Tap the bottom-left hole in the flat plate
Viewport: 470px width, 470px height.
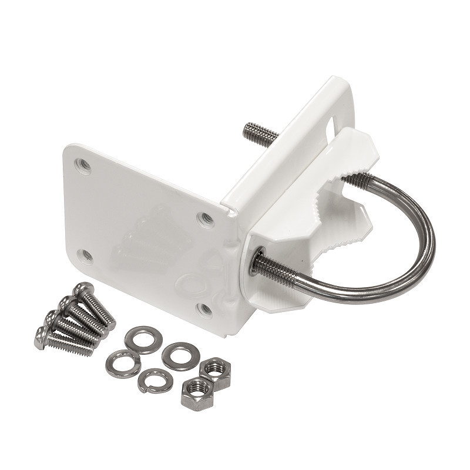(86, 255)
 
